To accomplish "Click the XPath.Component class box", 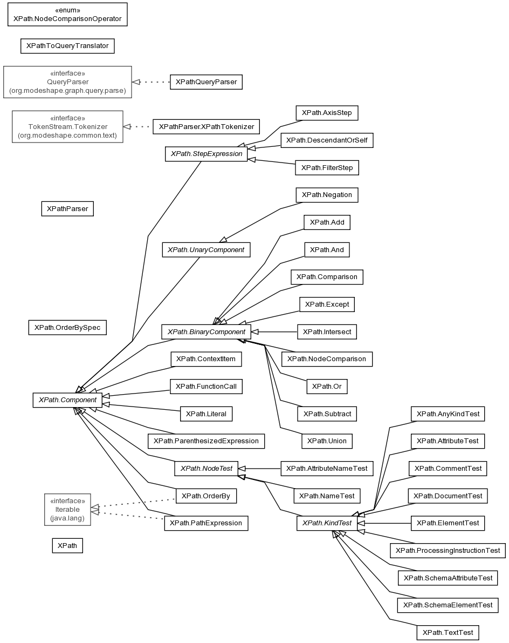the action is (67, 400).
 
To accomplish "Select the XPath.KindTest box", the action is (327, 523).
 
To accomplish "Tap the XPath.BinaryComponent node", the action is (206, 331).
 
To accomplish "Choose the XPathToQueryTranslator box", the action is (67, 46).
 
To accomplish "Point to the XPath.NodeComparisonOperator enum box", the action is (67, 15).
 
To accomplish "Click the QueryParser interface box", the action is (67, 82).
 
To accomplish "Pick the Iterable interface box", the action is (67, 509).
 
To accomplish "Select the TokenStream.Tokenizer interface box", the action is (67, 127).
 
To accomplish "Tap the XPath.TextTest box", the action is (448, 632).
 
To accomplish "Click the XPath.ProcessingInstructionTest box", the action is (448, 550).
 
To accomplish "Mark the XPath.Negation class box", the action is (327, 195).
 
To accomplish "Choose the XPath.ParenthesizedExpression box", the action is (206, 441).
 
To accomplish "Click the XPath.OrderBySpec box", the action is (67, 328).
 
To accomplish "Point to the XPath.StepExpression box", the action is (207, 154).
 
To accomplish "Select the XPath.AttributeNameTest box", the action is (327, 468).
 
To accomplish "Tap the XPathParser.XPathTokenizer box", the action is (207, 127).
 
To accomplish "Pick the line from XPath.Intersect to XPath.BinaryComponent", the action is (274, 331).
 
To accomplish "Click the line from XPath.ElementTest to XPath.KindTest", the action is (384, 523).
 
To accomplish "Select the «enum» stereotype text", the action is (67, 10).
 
